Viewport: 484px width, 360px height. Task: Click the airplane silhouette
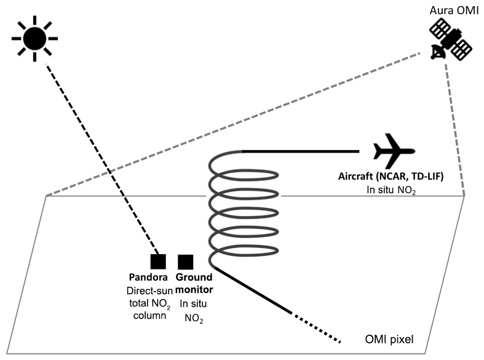[394, 150]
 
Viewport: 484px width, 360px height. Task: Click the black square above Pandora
[158, 261]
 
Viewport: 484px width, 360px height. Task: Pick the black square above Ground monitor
[186, 261]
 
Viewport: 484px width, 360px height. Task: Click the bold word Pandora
[148, 278]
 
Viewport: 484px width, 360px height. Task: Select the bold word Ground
[194, 278]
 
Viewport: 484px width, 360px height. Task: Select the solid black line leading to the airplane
[301, 151]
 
